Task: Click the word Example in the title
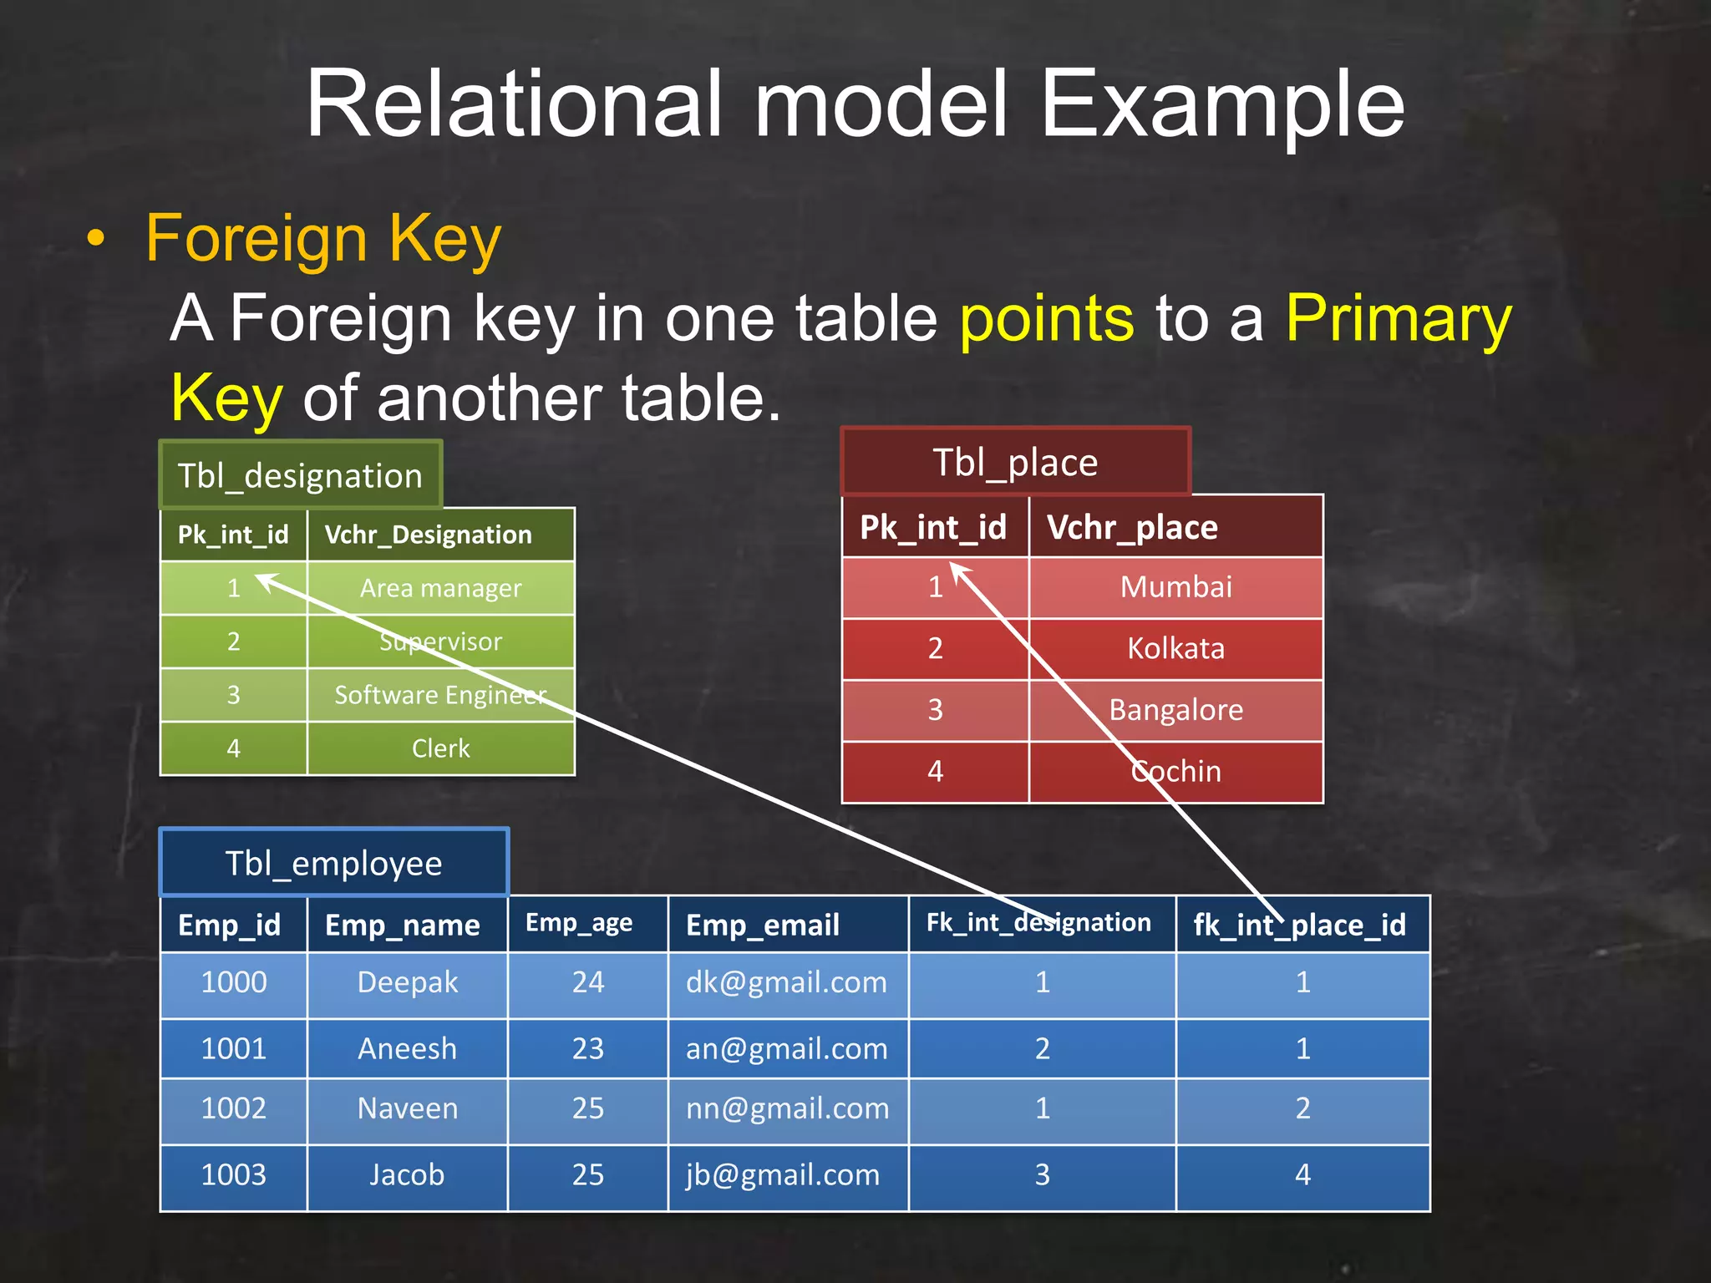1221,104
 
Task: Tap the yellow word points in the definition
1046,318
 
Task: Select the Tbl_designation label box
300,475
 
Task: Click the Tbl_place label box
1015,462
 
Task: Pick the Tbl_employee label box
333,863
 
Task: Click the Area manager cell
440,588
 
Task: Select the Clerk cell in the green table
440,748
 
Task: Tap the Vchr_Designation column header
428,535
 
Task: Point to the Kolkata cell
1175,648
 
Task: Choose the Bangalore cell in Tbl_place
1175,710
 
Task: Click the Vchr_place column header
1132,527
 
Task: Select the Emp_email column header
762,925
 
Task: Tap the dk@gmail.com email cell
786,982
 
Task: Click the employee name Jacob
407,1174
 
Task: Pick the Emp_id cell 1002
234,1108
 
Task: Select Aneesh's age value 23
587,1048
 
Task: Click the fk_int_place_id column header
1300,925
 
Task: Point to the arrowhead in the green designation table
262,578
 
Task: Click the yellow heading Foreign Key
323,238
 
